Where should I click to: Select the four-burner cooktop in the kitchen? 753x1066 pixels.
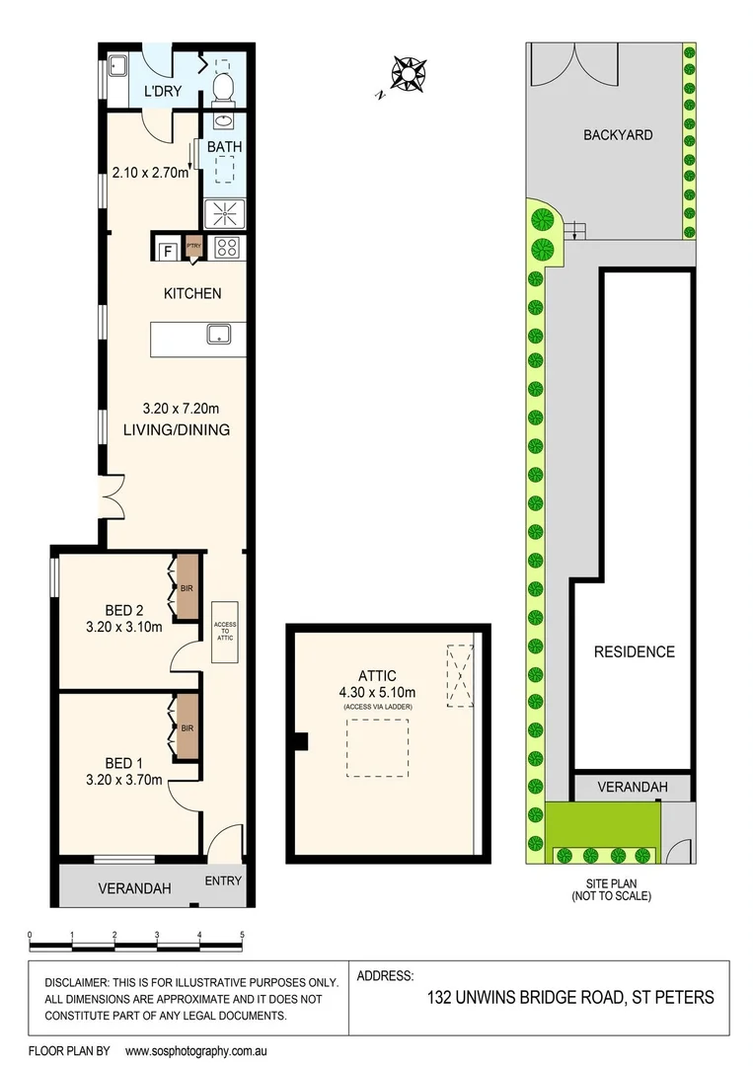point(226,247)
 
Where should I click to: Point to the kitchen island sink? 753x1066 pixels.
point(218,336)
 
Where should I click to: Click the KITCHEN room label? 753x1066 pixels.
point(191,293)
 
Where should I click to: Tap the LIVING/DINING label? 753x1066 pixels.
point(177,429)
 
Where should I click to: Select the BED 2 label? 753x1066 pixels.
point(125,609)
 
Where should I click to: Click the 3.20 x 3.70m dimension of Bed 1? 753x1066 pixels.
point(125,780)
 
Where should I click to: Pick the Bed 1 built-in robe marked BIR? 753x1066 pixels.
point(187,728)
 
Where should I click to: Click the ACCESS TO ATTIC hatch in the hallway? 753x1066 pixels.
point(225,632)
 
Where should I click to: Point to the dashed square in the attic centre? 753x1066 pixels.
point(376,748)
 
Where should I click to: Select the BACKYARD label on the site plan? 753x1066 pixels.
point(617,134)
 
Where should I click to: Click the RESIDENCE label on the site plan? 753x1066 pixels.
point(634,651)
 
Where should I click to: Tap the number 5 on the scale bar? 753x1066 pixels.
point(241,934)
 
